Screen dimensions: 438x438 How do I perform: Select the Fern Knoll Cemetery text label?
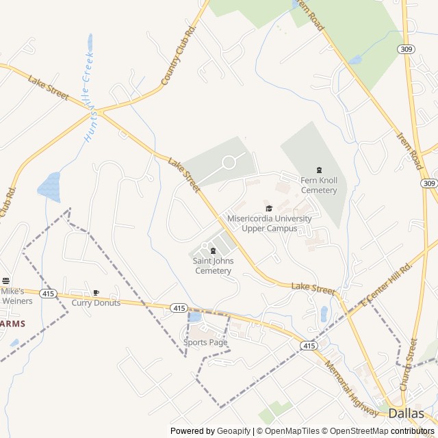tap(319, 185)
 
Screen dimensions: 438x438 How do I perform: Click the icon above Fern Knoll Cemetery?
tap(319, 170)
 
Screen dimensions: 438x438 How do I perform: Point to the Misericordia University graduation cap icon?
tap(269, 208)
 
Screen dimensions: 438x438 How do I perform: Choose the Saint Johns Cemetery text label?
tap(213, 266)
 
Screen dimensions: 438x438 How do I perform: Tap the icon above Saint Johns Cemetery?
tap(213, 250)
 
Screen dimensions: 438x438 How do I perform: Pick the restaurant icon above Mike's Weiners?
tap(6, 281)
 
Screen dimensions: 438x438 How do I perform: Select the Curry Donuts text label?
tap(96, 302)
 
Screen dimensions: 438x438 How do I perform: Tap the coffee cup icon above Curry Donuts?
tap(96, 293)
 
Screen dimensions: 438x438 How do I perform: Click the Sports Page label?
tap(205, 342)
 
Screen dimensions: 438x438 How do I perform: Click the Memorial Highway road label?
tap(351, 381)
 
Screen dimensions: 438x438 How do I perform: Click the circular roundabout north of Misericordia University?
tap(229, 162)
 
